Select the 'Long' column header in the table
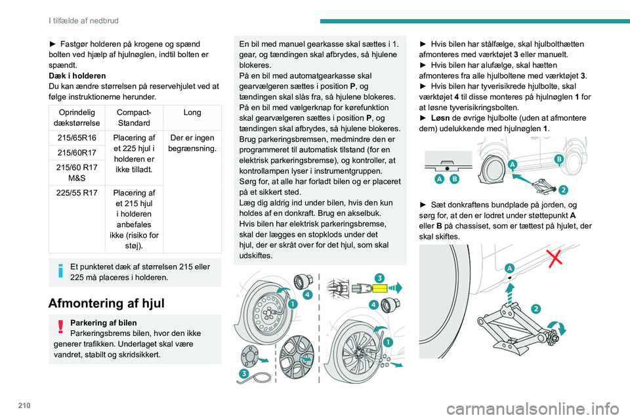coord(192,113)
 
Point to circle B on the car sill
coord(560,159)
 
